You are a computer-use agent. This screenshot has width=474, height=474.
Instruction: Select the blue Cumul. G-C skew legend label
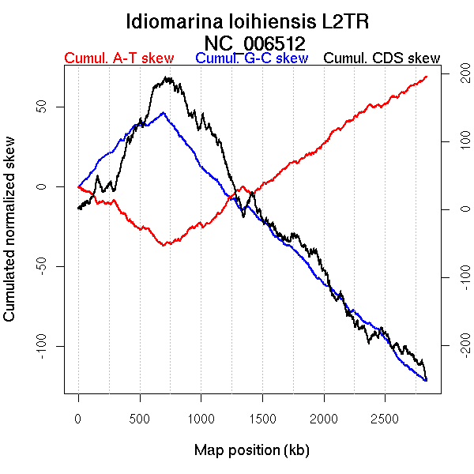[x=251, y=58]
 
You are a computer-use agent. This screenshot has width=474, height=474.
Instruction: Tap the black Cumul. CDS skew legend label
[x=382, y=58]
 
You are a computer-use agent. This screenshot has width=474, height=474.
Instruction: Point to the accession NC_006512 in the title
[x=254, y=42]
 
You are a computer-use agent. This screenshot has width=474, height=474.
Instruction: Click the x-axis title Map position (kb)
[x=251, y=450]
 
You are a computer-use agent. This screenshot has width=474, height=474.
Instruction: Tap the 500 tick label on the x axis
[x=140, y=418]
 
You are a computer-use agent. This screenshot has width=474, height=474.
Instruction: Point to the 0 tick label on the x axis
[x=78, y=418]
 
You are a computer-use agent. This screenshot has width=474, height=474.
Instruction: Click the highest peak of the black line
[x=167, y=77]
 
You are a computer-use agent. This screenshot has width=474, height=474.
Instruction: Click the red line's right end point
[x=427, y=77]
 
